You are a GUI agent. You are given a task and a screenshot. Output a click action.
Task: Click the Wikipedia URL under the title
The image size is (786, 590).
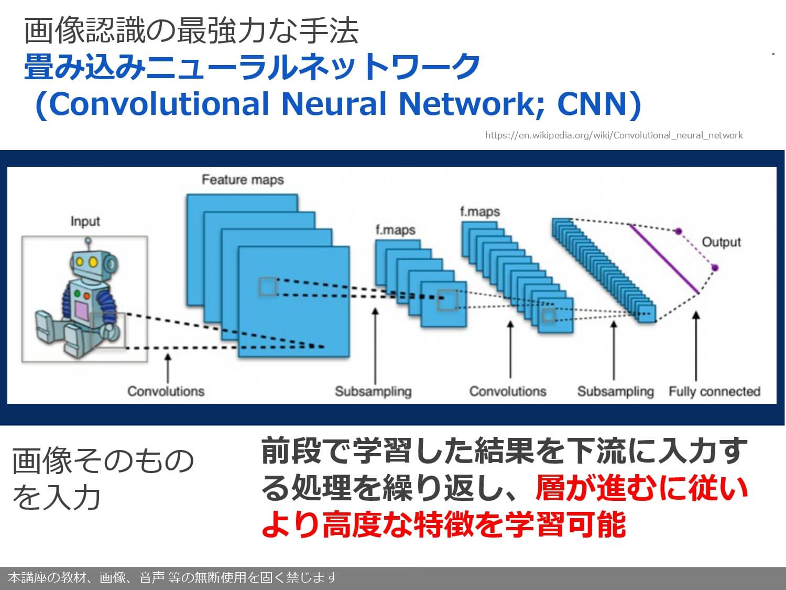coord(614,135)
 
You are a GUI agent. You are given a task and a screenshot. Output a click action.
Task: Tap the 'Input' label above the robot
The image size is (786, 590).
coord(85,221)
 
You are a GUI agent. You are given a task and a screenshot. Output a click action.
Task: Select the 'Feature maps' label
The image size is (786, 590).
coord(243,180)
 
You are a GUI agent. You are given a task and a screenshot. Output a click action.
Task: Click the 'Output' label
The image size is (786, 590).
coord(721,242)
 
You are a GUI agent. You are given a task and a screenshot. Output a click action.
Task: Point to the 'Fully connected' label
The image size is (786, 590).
coord(714,391)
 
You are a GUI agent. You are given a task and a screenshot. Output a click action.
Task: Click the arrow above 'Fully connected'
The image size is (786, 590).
coord(696,346)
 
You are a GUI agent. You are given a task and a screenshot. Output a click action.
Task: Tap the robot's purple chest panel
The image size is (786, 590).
coord(82,310)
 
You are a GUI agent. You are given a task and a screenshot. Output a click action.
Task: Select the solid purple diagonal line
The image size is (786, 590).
coord(664,259)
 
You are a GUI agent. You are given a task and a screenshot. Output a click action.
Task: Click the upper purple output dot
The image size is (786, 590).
coord(678,231)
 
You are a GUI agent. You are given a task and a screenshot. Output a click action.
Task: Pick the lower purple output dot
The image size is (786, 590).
coord(715,268)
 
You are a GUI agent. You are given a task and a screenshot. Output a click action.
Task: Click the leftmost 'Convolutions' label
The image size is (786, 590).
coord(166,391)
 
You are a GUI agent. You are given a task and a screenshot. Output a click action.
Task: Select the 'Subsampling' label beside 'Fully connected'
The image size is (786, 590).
coord(615,391)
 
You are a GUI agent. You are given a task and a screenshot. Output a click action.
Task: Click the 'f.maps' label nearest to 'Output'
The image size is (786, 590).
coord(479,212)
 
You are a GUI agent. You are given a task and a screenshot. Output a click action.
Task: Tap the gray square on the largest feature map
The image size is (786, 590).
coord(267,286)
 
